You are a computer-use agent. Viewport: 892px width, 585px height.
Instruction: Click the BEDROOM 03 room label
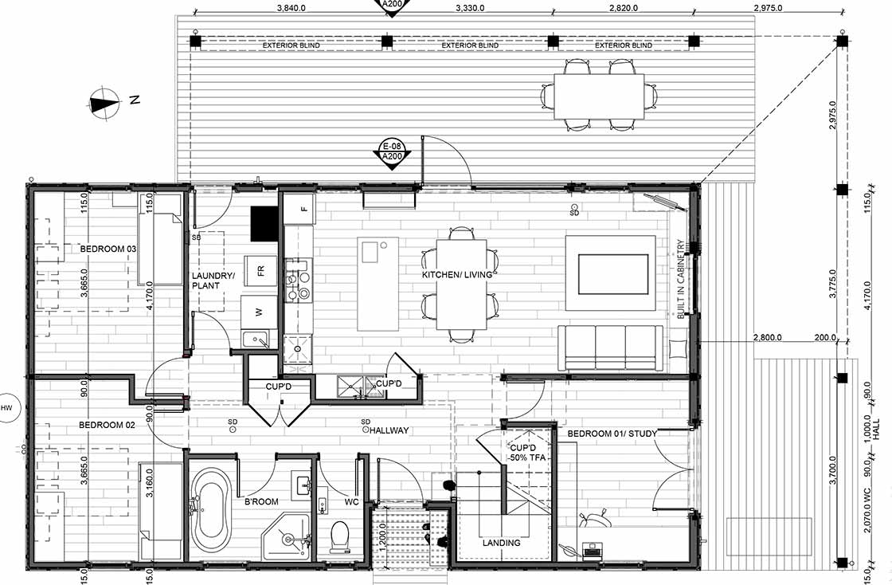pos(108,249)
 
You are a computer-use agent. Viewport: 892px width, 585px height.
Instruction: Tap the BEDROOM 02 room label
pos(107,425)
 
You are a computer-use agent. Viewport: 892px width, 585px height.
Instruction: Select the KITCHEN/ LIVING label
pos(456,275)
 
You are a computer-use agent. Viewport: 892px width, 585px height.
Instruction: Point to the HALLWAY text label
pos(389,430)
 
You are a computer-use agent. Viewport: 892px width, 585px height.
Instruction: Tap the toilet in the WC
pos(339,536)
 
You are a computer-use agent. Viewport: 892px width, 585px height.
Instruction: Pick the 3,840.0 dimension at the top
pos(291,9)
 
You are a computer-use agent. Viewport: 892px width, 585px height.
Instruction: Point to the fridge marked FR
pos(260,270)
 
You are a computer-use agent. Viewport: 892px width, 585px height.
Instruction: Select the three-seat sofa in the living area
pos(611,347)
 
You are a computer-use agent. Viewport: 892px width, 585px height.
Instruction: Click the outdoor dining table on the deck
pos(599,96)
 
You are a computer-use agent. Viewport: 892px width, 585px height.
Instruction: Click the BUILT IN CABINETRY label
pos(680,280)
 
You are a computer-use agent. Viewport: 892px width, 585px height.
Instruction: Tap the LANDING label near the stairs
pos(502,543)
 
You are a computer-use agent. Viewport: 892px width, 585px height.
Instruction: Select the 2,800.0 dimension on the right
pos(769,338)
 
